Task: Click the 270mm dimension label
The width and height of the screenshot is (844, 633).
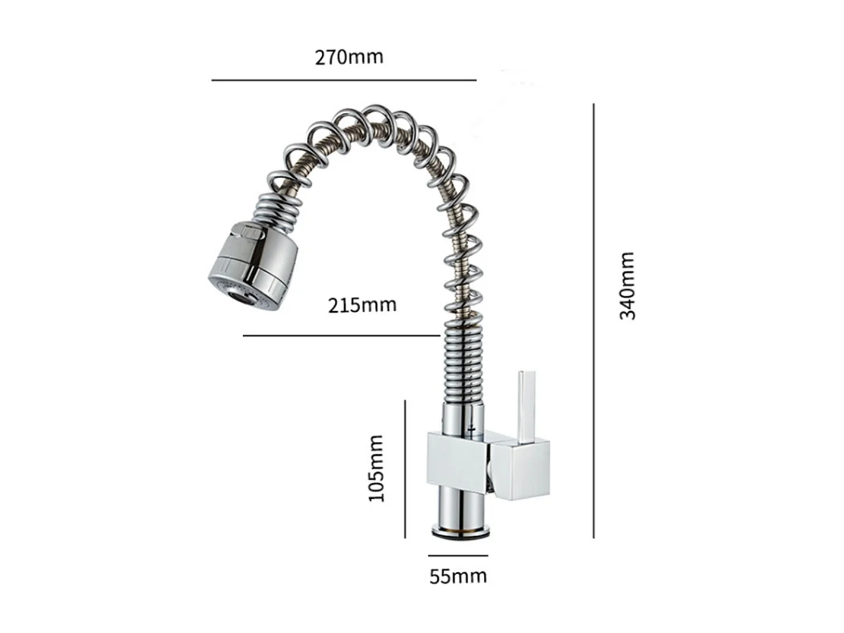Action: coord(349,57)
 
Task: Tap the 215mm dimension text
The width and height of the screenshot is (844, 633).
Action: coord(362,305)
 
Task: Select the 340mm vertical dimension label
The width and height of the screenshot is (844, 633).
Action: coord(627,286)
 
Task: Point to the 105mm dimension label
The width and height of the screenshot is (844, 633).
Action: coord(376,469)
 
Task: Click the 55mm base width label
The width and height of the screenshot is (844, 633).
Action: coord(458,576)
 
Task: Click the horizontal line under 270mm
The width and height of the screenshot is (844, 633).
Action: coord(344,80)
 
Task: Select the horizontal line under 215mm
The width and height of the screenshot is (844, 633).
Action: coord(341,336)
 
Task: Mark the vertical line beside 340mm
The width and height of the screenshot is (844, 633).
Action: coord(594,321)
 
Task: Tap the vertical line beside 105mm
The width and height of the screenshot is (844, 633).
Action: coord(405,469)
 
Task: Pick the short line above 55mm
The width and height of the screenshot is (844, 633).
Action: coord(458,556)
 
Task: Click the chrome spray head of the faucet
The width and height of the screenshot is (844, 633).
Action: coord(255,261)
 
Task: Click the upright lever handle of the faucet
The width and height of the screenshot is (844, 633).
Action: coord(527,407)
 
